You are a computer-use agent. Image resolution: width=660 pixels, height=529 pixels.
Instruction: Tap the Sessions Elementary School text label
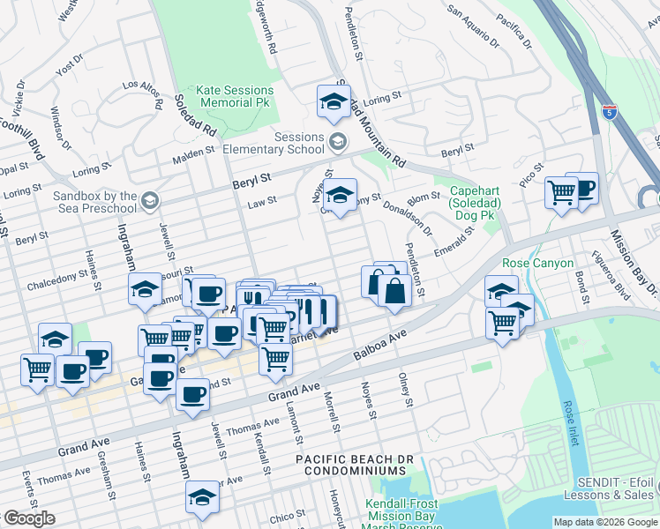pos(274,143)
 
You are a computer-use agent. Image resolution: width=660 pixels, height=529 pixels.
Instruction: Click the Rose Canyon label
pos(537,264)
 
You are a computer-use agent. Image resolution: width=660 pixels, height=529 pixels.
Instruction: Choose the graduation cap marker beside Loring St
pos(334,103)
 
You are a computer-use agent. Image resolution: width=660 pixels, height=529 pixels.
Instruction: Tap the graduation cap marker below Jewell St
pos(202,498)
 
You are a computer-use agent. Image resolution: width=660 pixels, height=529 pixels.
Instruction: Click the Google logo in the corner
pos(29,518)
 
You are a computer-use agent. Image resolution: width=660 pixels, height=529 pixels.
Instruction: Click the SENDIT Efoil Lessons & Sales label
pos(617,489)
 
